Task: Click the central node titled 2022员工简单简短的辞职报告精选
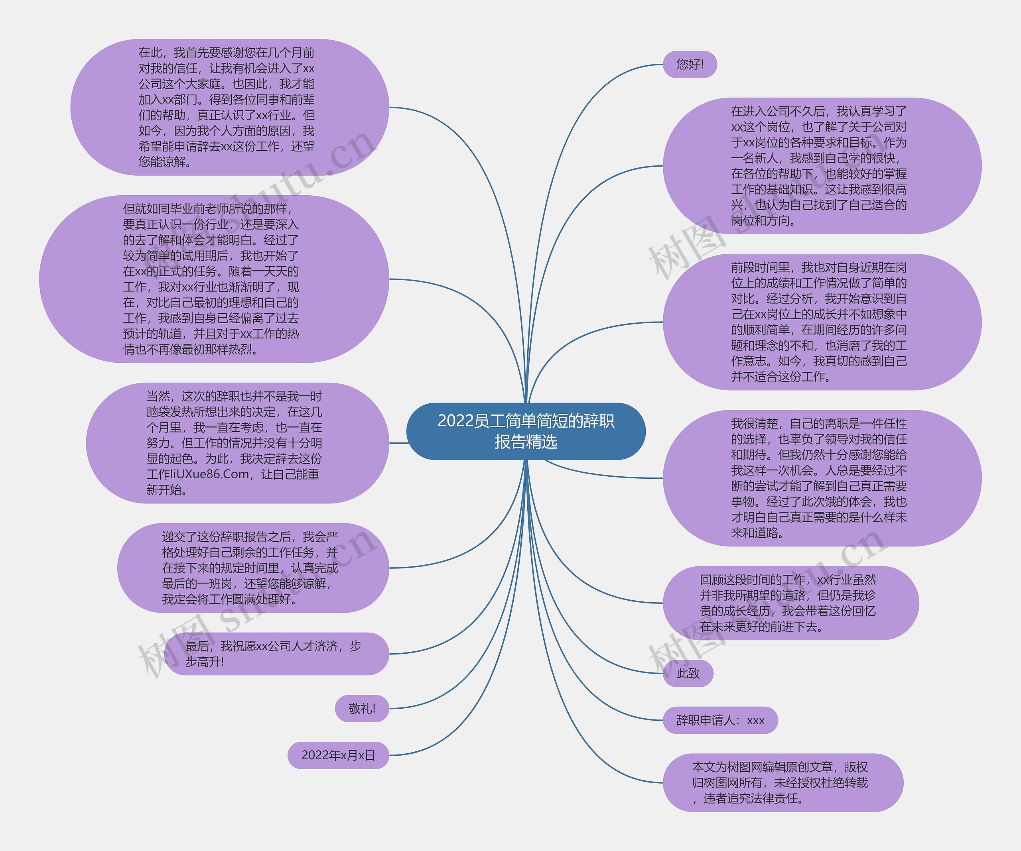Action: (x=526, y=431)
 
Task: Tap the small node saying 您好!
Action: (x=690, y=64)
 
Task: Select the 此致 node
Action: (x=688, y=673)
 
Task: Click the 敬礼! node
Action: (x=362, y=709)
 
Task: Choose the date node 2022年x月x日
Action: (x=338, y=755)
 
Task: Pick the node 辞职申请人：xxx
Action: (x=720, y=720)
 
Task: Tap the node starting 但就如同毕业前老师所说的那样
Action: (x=214, y=279)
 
